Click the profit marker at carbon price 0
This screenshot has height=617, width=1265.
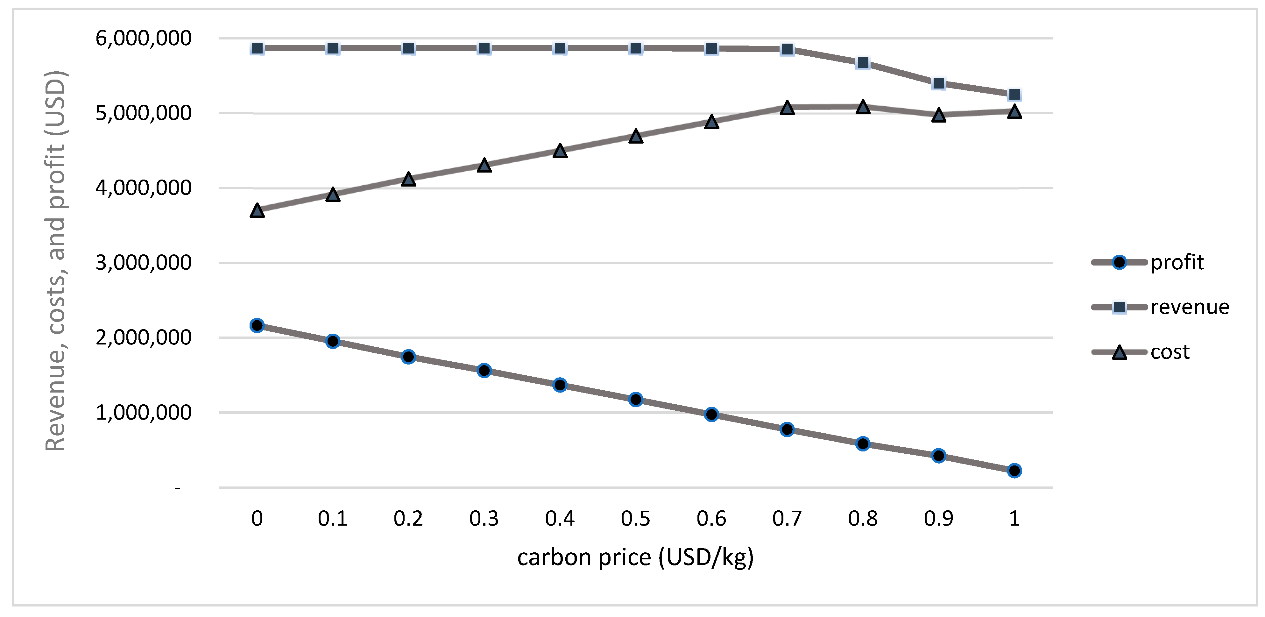257,325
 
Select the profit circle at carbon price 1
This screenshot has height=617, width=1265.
1014,471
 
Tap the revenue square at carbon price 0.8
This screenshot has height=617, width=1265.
863,63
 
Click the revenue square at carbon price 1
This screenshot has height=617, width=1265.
1014,94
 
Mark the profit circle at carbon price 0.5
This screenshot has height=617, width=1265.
635,399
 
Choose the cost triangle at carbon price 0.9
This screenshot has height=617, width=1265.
938,116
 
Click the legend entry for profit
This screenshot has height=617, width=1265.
1177,262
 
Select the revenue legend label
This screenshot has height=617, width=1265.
1189,307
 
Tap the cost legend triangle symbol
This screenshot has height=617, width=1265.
1119,352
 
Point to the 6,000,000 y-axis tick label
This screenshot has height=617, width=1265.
143,38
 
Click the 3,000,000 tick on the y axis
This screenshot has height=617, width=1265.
143,263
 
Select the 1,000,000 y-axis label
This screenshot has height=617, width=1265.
143,413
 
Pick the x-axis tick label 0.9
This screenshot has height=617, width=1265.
938,519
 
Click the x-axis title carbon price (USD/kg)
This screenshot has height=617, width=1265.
635,557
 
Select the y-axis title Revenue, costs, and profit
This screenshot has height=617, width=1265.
55,260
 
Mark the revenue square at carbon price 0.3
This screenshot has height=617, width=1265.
484,48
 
